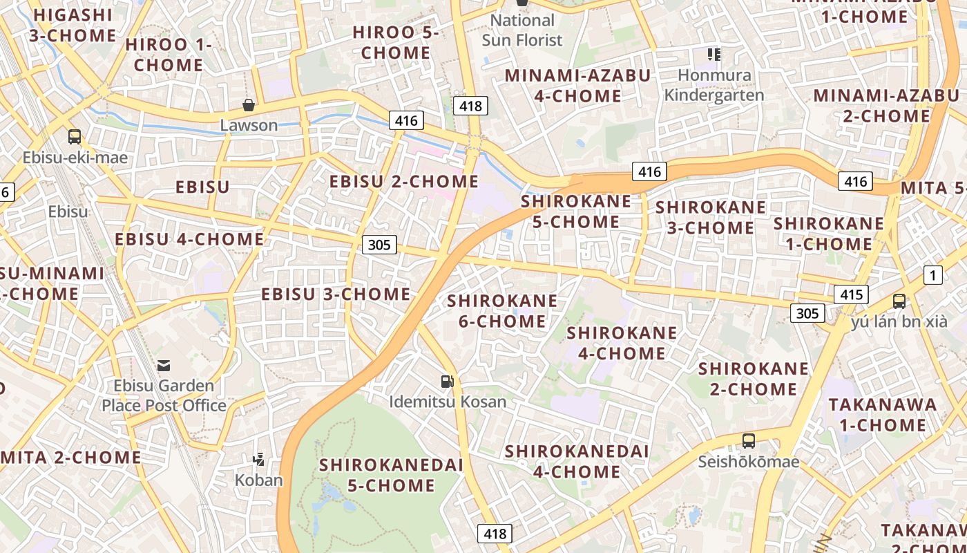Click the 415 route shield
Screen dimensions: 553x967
click(x=851, y=294)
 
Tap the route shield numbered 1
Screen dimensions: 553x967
click(x=933, y=275)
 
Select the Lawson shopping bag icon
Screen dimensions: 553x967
click(x=249, y=105)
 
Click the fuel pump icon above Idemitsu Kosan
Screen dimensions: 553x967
click(x=448, y=381)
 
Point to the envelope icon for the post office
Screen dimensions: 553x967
click(x=164, y=365)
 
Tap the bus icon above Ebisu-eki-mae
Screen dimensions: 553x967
click(x=75, y=137)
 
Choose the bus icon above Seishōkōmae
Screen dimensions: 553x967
click(x=748, y=440)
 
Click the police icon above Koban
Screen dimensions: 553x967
click(x=259, y=458)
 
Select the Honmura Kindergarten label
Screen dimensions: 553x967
click(x=714, y=85)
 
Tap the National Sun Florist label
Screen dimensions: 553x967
click(x=522, y=30)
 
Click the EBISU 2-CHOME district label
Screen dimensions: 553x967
click(x=404, y=182)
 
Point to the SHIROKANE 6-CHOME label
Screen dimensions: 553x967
click(x=502, y=311)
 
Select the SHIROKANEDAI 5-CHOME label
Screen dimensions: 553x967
click(x=391, y=475)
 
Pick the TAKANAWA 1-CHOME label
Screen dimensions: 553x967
click(x=882, y=415)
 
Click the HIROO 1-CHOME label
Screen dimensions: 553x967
click(x=169, y=55)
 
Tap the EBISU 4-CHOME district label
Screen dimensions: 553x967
click(x=189, y=239)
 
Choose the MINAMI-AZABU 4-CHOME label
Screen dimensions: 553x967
click(x=577, y=86)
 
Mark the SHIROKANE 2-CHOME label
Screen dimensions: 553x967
click(x=753, y=379)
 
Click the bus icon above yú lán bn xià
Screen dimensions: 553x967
click(x=899, y=301)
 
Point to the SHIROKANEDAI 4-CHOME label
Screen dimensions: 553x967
click(x=576, y=462)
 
